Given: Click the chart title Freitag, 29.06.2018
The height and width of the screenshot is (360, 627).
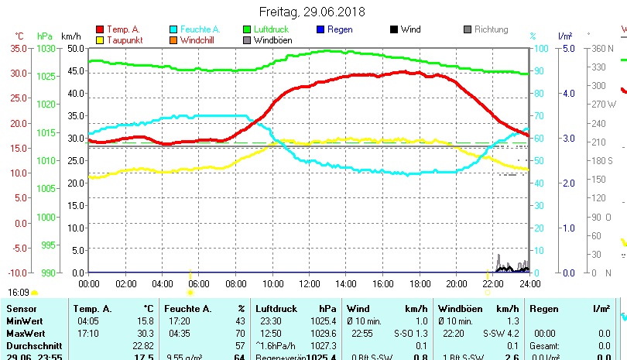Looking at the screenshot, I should click(x=313, y=12).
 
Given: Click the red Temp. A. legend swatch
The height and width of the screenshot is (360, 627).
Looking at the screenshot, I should click(x=100, y=29).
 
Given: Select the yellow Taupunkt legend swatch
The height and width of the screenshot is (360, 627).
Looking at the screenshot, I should click(x=100, y=40).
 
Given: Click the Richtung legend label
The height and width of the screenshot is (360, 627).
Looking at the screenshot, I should click(x=491, y=29).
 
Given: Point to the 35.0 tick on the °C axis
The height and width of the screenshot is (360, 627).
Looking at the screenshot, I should click(x=19, y=48).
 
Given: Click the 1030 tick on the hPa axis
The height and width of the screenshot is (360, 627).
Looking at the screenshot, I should click(x=46, y=48).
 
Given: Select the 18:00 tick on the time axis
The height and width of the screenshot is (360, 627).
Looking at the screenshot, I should click(x=420, y=283).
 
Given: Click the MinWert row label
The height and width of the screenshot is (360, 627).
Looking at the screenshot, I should click(x=22, y=321).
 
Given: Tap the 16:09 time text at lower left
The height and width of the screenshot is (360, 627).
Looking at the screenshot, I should click(x=19, y=293).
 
